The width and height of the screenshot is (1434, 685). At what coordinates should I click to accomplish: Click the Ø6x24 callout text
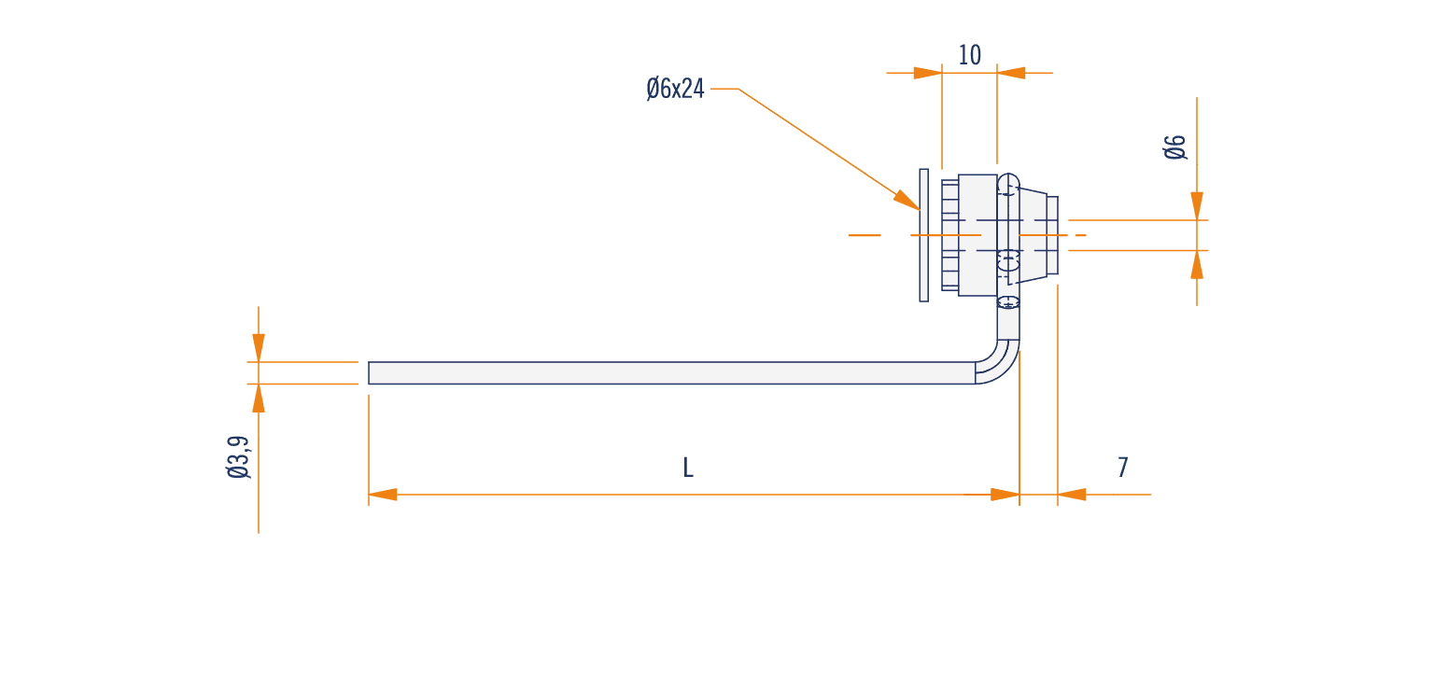pyautogui.click(x=675, y=89)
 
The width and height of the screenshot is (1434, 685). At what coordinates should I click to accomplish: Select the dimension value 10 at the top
pyautogui.click(x=969, y=55)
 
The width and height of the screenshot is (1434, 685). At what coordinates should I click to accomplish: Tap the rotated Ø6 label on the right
pyautogui.click(x=1175, y=147)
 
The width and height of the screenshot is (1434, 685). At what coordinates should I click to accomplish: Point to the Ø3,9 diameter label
pyautogui.click(x=239, y=457)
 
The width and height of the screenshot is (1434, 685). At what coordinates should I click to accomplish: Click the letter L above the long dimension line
pyautogui.click(x=688, y=468)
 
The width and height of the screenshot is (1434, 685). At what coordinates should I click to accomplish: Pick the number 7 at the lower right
pyautogui.click(x=1123, y=468)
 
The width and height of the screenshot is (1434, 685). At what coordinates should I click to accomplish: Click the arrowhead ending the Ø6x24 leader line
pyautogui.click(x=907, y=200)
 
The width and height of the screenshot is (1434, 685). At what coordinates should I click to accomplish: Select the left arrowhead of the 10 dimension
pyautogui.click(x=928, y=73)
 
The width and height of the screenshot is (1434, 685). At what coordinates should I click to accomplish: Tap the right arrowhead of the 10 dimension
pyautogui.click(x=1011, y=73)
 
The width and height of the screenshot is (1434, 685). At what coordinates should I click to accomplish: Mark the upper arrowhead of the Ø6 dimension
pyautogui.click(x=1197, y=205)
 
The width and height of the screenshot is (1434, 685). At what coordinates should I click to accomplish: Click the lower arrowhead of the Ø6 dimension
pyautogui.click(x=1197, y=264)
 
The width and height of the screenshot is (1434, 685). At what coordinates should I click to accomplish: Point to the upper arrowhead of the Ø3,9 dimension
pyautogui.click(x=259, y=347)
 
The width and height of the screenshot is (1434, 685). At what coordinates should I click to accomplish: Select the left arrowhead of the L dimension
pyautogui.click(x=383, y=495)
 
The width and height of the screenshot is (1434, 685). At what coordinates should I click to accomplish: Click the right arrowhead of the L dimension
pyautogui.click(x=1005, y=495)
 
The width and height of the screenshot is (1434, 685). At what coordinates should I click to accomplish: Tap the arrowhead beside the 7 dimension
pyautogui.click(x=1072, y=495)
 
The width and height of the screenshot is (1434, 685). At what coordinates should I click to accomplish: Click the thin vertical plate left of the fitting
pyautogui.click(x=923, y=235)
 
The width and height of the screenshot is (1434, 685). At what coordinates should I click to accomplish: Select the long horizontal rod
pyautogui.click(x=671, y=372)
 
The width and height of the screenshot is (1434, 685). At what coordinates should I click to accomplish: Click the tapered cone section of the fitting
pyautogui.click(x=1032, y=235)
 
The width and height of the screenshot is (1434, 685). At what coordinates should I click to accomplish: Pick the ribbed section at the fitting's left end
pyautogui.click(x=950, y=235)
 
